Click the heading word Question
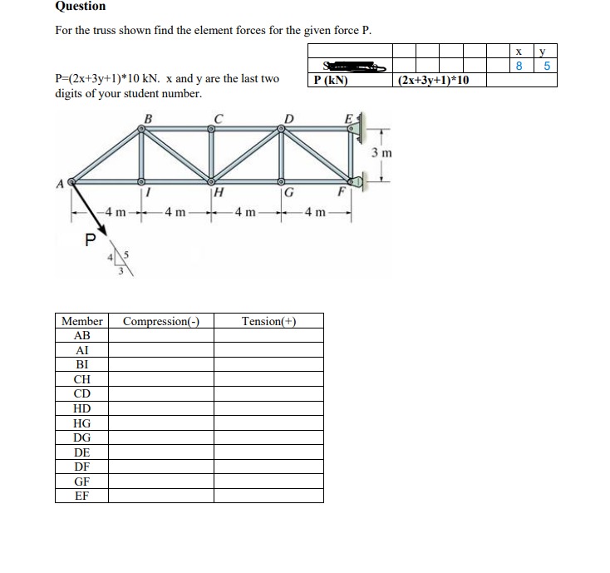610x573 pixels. [x=80, y=7]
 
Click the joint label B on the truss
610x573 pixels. [x=148, y=118]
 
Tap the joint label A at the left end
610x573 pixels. [x=61, y=184]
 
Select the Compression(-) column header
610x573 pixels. [x=160, y=321]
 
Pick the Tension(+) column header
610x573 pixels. [x=268, y=321]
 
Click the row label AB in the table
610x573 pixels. [x=81, y=335]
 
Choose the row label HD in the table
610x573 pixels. [x=81, y=408]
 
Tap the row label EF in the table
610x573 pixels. [x=81, y=496]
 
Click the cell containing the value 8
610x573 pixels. [x=519, y=67]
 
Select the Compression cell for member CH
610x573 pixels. [x=160, y=379]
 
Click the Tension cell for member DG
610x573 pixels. [x=268, y=437]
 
